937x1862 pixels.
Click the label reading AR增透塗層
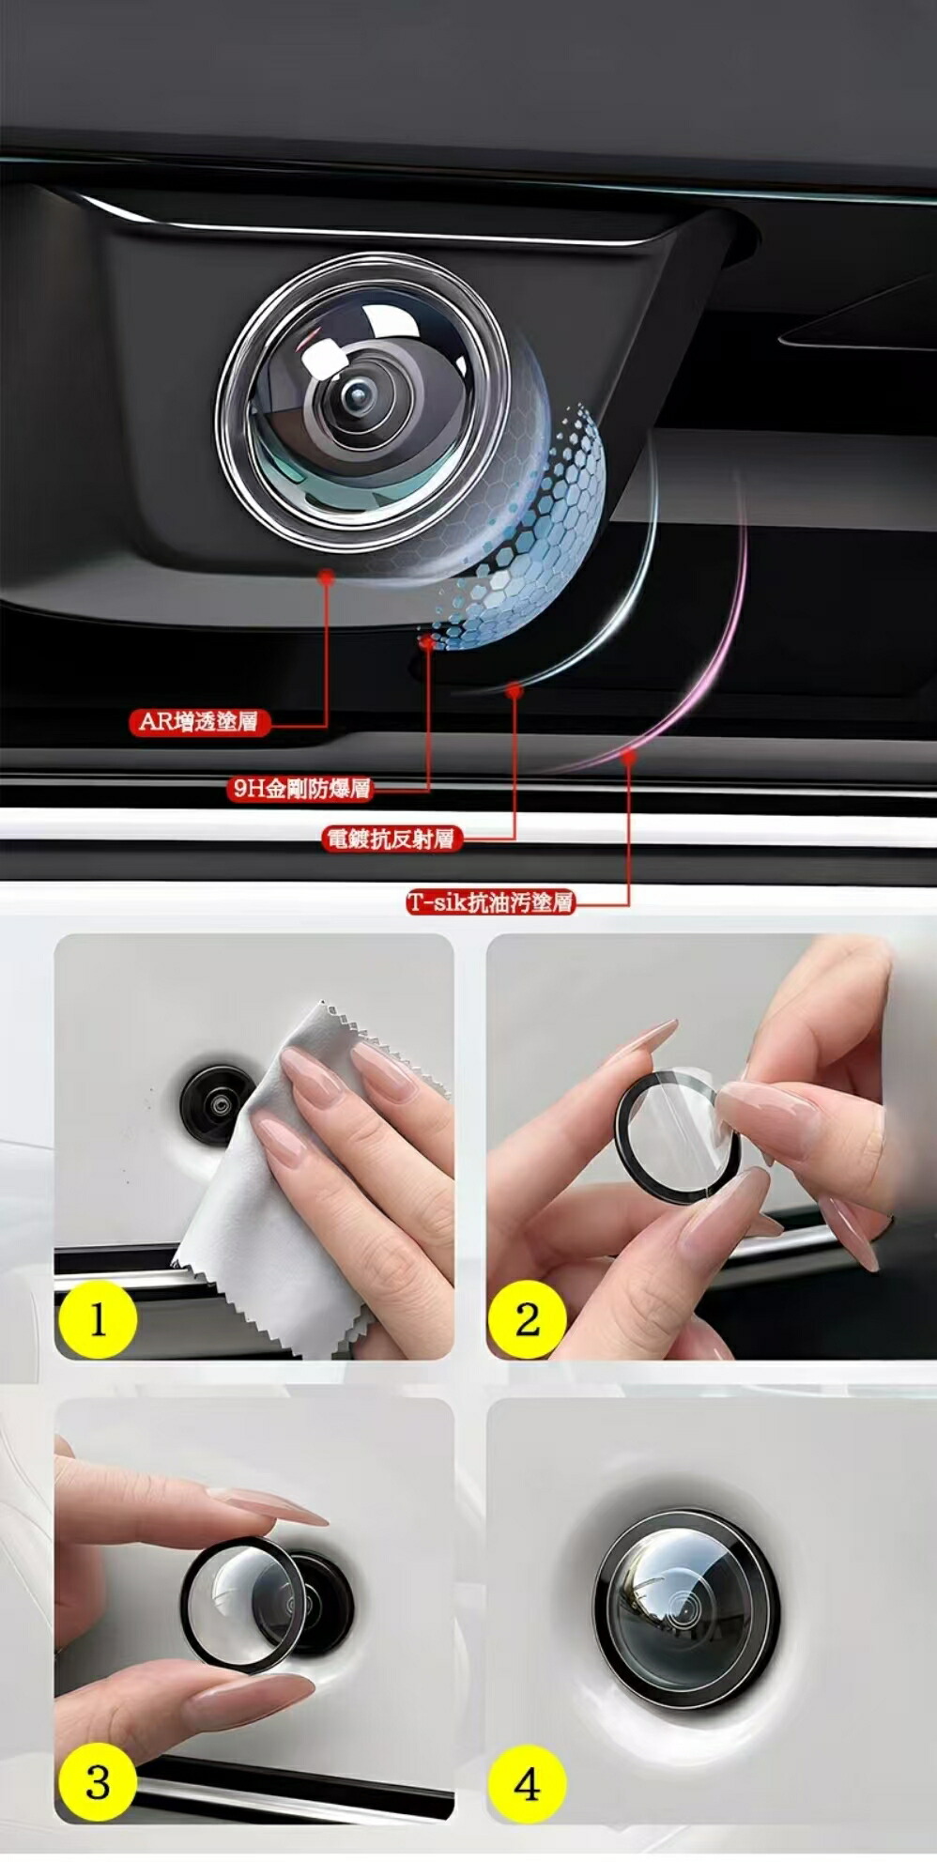tap(199, 721)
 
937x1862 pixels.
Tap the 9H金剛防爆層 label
tap(300, 788)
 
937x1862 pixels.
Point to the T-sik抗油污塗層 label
tap(490, 902)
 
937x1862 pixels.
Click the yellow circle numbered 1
tap(98, 1319)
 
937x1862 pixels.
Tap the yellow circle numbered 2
tap(527, 1319)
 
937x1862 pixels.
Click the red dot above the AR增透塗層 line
tap(327, 576)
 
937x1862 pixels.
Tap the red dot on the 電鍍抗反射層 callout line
tap(514, 691)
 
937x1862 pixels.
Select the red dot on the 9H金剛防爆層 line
tap(427, 642)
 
